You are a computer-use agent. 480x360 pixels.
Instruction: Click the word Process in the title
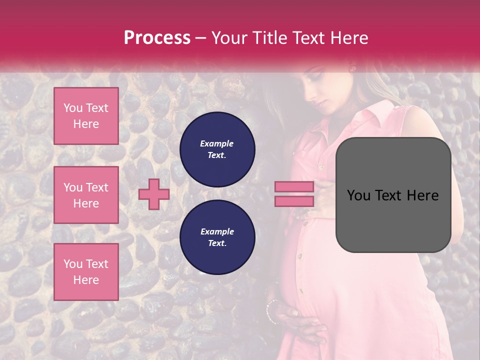tap(157, 38)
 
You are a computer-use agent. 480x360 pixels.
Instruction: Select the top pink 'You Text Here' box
tap(86, 116)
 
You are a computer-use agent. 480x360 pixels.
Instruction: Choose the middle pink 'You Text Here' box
tap(86, 195)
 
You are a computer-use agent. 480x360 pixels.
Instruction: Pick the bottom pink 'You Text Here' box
tap(86, 272)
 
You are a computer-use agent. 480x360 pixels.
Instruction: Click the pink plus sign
tap(154, 194)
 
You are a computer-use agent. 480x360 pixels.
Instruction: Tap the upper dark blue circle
tap(217, 149)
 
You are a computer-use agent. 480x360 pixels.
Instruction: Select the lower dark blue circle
tap(217, 237)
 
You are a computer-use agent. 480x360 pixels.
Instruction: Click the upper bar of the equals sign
tap(294, 187)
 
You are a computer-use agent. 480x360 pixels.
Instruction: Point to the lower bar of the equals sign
tap(294, 201)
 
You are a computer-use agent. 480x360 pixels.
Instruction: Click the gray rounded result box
tap(393, 195)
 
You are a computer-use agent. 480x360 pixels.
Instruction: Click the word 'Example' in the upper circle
tap(217, 143)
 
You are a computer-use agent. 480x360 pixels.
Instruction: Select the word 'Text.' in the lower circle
tap(217, 243)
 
